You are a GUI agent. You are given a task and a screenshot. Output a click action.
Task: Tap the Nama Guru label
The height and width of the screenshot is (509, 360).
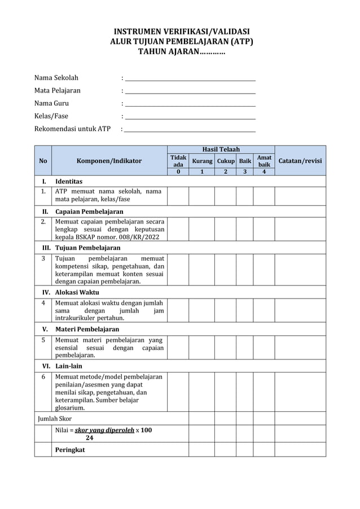coord(51,103)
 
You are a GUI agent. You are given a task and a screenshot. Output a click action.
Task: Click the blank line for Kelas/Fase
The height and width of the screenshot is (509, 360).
coord(190,118)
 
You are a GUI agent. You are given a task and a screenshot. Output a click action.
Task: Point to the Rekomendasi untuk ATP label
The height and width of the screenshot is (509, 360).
coord(72,129)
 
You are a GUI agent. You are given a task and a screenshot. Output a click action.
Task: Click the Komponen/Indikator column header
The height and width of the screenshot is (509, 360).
coord(109,161)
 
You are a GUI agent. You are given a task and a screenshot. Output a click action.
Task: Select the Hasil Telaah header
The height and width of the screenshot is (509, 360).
coord(221,149)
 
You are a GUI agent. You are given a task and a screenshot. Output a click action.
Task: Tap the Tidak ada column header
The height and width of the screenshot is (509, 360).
coord(178,161)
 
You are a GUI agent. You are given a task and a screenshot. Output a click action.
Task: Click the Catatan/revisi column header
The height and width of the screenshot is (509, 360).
coord(300,161)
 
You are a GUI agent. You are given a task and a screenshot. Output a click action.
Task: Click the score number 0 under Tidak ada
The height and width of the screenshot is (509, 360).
coord(178,172)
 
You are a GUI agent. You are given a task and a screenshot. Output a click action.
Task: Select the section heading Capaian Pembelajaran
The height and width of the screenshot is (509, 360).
coord(89,212)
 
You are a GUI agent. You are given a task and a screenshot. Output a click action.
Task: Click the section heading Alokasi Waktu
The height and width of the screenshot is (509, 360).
coord(77,293)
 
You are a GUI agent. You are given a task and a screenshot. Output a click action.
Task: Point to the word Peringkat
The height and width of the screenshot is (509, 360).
coord(70,450)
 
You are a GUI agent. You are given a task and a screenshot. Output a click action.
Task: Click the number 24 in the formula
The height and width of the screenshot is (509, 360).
coord(89,437)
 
